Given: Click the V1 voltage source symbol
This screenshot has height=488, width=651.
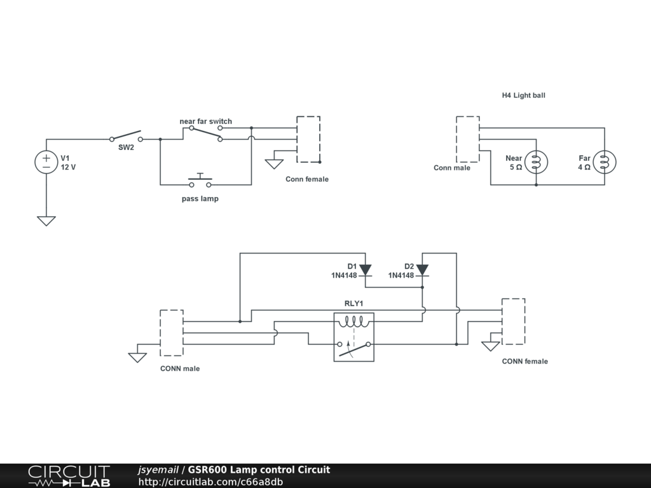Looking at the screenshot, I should coord(46,161).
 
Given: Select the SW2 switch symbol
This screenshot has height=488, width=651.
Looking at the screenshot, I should coord(125,137).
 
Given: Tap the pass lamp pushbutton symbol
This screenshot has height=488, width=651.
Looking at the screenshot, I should coord(200,181).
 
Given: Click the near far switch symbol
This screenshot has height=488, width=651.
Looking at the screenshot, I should coord(206,133).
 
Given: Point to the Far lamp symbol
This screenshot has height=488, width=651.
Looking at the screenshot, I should coord(605,162).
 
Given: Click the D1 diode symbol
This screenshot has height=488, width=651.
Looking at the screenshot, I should coord(366,271).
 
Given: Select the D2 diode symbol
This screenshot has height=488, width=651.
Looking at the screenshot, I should coord(422,271).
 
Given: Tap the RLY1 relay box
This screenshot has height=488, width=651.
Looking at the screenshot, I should coord(354,337).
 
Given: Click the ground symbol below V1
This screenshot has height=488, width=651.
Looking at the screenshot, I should coord(46,221).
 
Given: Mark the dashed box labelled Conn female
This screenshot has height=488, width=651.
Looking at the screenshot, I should coord(308,140).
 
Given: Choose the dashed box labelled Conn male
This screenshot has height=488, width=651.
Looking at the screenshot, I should coord(467,140).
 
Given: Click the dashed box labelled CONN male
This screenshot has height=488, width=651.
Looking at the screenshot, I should coord(172,333).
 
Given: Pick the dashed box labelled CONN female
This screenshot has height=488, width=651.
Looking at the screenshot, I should coord(513,322).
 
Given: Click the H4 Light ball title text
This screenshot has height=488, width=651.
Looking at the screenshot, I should coord(523,95).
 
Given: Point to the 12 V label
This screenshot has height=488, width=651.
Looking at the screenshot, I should coord(68,168).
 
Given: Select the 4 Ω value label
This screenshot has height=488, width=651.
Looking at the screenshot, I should coord(584,167).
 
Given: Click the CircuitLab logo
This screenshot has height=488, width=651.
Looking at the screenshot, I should coord(69,476).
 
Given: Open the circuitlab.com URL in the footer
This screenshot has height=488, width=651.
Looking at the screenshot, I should coord(210,482).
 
